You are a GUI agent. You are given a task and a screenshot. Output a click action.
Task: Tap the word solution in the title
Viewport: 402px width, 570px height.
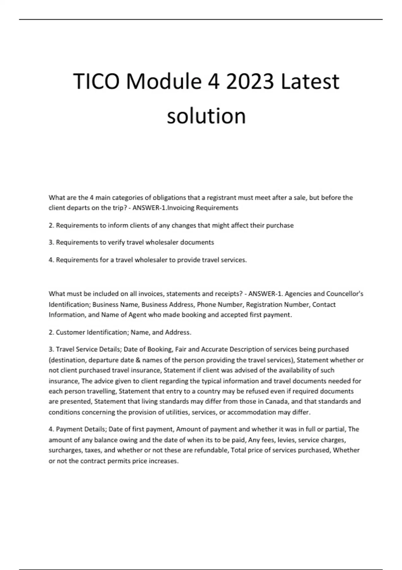206,116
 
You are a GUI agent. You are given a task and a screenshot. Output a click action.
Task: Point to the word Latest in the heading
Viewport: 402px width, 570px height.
310,81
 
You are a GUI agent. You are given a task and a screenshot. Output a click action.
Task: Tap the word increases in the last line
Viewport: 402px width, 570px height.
165,461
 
